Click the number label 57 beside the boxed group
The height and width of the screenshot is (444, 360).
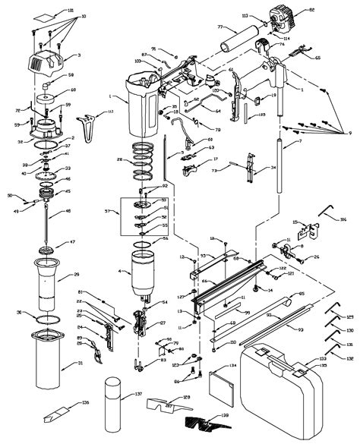pos(108,211)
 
